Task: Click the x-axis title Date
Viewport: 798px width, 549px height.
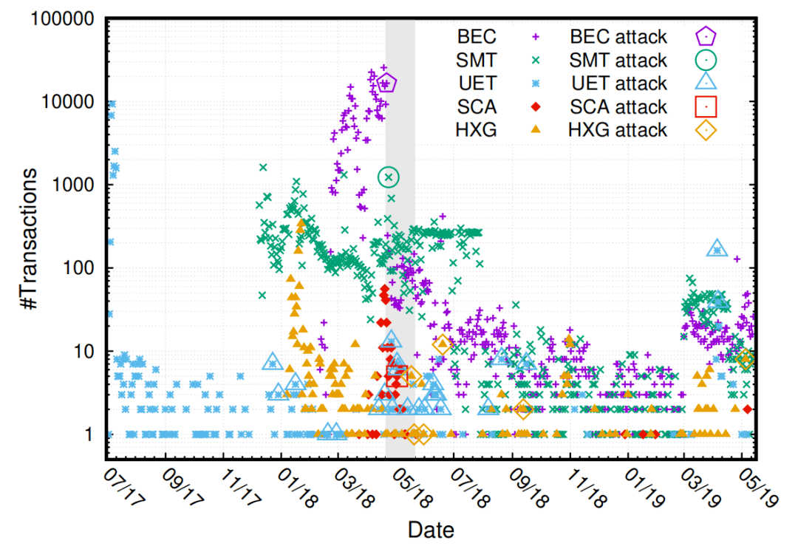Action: click(x=431, y=529)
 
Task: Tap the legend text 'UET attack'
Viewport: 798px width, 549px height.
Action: click(x=618, y=83)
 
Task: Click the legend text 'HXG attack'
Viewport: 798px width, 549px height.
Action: click(x=618, y=130)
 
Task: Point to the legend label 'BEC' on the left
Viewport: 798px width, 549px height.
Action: click(x=477, y=35)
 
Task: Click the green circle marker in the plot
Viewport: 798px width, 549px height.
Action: click(x=389, y=177)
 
